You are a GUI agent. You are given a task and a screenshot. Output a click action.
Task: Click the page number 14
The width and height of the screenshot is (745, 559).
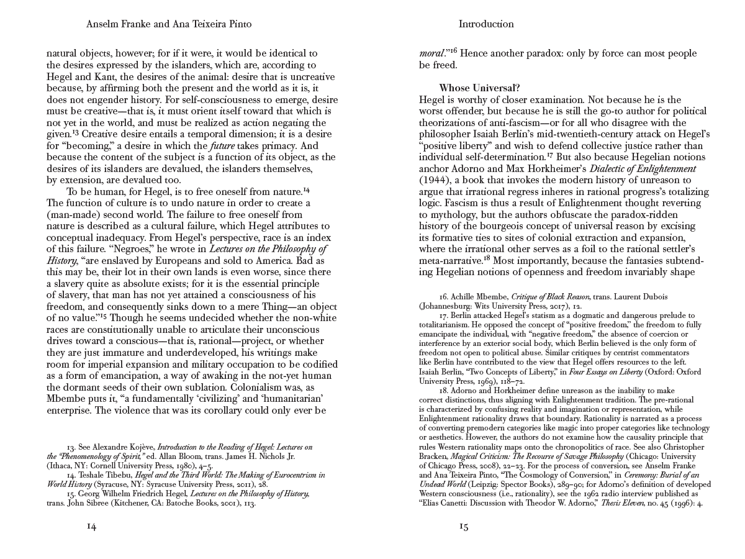coord(91,526)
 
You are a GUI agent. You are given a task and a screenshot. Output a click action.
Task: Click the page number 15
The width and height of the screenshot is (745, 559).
coord(463,526)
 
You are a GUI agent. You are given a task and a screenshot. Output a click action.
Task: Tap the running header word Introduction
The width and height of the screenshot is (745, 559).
coord(486,24)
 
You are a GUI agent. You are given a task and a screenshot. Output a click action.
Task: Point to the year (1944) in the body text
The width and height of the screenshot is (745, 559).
coord(436,180)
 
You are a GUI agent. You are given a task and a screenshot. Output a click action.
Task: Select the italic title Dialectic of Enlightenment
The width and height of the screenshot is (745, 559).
coord(643,168)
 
